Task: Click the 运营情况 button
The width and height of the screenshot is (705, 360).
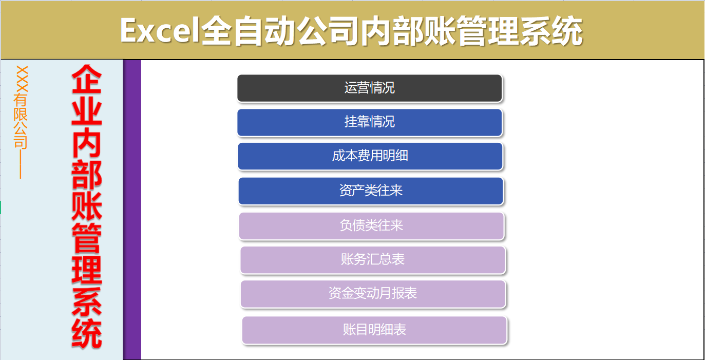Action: click(x=369, y=88)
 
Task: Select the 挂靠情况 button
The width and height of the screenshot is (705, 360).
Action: click(x=369, y=122)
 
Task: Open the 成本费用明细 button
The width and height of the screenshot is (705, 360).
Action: click(x=370, y=156)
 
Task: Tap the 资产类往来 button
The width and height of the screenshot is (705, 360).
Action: click(x=371, y=191)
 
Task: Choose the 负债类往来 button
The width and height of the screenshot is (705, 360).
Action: click(x=371, y=225)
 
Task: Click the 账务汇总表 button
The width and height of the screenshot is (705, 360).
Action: click(x=373, y=260)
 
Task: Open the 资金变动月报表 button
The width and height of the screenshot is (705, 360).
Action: click(x=373, y=294)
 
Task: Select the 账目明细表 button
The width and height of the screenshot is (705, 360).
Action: click(x=374, y=330)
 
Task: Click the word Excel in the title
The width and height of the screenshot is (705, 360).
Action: click(x=159, y=31)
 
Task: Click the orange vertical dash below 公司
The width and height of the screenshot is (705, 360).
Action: click(x=21, y=164)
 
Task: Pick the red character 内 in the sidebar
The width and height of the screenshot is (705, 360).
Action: click(x=86, y=144)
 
